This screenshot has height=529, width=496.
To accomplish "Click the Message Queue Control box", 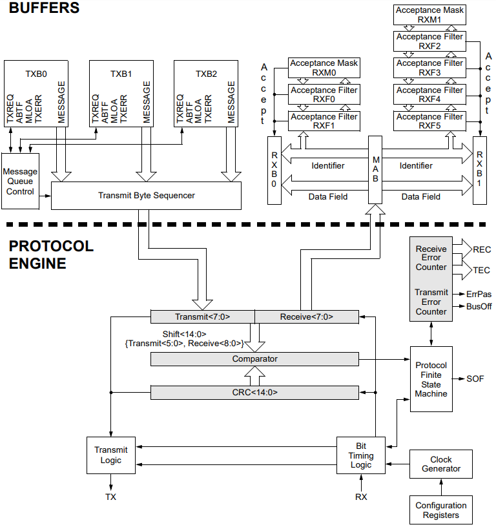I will click(20, 182).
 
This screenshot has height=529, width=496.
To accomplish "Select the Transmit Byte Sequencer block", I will click(146, 195).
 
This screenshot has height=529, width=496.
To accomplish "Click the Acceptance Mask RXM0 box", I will click(324, 67).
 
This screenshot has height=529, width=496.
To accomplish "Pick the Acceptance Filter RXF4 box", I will click(429, 94).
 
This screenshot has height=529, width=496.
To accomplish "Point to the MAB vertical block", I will click(376, 170).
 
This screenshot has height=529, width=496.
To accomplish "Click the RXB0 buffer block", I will click(274, 170).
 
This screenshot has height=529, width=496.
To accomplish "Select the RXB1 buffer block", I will click(479, 170).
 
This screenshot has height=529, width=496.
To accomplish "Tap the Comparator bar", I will click(254, 359).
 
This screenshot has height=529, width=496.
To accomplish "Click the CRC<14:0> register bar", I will click(254, 392).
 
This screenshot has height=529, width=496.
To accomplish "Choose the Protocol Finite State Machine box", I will click(431, 379).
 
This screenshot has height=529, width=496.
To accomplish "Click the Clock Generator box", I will click(441, 464).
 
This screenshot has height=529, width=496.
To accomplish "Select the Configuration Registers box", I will click(441, 510).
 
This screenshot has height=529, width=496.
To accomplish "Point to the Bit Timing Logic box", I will click(361, 455).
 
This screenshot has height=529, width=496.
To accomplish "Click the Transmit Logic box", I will click(111, 455).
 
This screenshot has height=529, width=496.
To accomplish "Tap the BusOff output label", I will click(479, 306).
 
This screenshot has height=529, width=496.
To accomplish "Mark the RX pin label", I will click(361, 497).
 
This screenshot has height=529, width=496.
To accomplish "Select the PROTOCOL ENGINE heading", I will click(51, 254).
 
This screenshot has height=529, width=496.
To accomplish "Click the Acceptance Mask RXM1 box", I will click(429, 14).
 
